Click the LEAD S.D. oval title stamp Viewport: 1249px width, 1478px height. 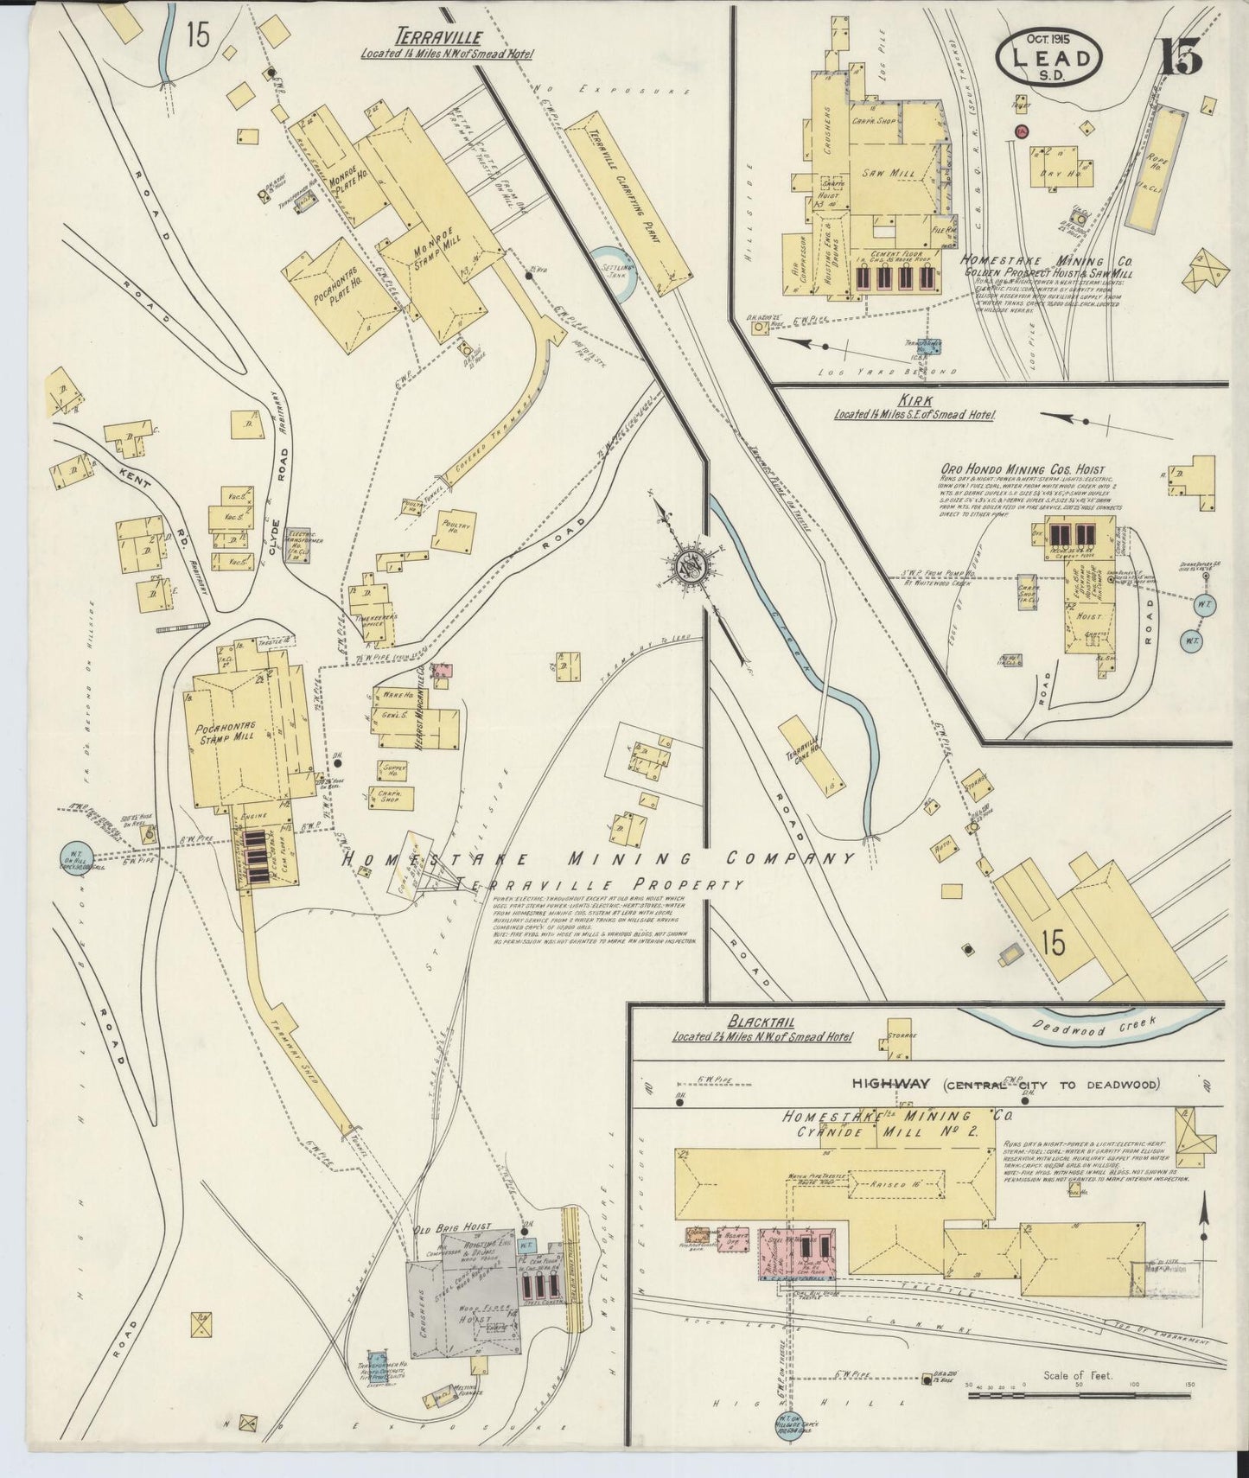coord(1050,58)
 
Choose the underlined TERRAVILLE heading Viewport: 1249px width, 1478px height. coord(438,37)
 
